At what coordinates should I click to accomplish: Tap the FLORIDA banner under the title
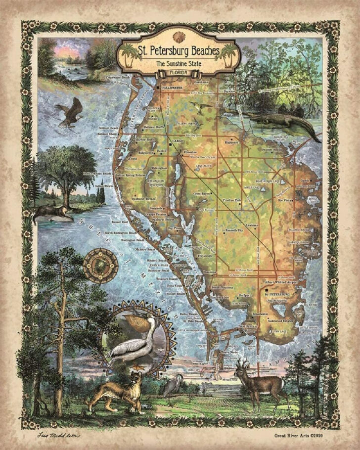click(x=179, y=74)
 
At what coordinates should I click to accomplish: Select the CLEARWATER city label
click(x=171, y=88)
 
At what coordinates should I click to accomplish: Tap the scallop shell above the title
click(x=179, y=36)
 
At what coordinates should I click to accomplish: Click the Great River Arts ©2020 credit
click(x=297, y=435)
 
